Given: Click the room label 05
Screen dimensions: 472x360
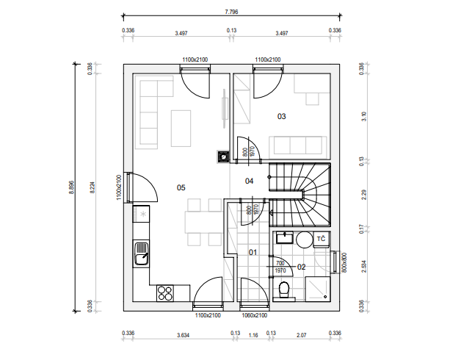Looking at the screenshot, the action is (x=181, y=187).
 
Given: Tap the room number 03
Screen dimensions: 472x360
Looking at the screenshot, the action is (x=281, y=116).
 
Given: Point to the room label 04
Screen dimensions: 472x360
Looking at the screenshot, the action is (x=250, y=181).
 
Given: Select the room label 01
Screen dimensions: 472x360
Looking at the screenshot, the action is (x=253, y=252).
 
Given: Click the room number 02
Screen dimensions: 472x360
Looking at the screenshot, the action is (x=301, y=267).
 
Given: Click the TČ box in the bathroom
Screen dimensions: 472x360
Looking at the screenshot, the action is (x=322, y=240).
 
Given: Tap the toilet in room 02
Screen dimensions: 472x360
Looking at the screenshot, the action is (x=283, y=289).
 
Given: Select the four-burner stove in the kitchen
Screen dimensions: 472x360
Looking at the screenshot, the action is (x=164, y=293).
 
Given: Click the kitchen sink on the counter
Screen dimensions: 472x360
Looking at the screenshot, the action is (x=141, y=254).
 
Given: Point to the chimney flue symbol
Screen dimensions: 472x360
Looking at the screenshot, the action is (x=223, y=156).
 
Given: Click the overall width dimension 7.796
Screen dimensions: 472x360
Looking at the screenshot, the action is (x=231, y=12).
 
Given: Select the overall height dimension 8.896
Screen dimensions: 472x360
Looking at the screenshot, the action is (x=71, y=187).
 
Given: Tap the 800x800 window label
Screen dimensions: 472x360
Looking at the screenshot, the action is (x=345, y=263).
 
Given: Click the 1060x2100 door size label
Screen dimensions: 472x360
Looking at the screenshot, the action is (x=255, y=315).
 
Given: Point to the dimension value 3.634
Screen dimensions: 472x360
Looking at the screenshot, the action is (x=183, y=335).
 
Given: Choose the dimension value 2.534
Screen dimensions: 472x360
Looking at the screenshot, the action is (x=364, y=266).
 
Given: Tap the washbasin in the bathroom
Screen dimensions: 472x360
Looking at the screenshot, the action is (x=285, y=237).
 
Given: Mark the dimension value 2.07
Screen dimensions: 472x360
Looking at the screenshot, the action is (x=301, y=335).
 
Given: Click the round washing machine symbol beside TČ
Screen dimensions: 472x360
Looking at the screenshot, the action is (x=305, y=240).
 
